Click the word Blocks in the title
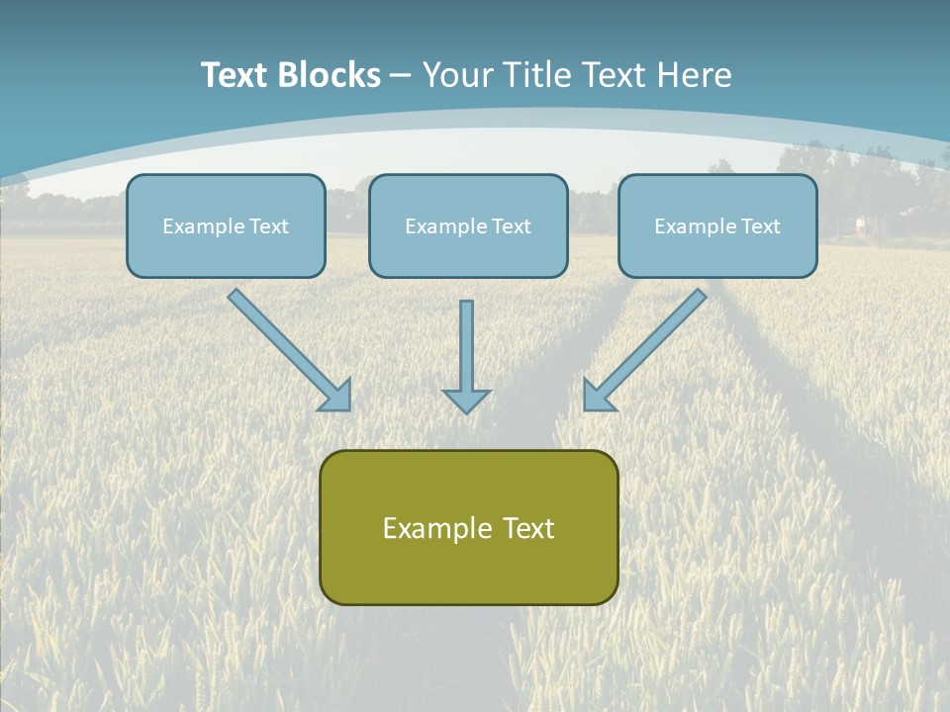click(329, 74)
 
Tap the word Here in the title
click(695, 74)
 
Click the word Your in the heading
click(459, 74)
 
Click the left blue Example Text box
click(226, 225)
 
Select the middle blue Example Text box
click(468, 225)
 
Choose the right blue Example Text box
click(718, 225)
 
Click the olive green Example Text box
click(469, 527)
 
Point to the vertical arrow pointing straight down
click(466, 357)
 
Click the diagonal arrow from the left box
click(290, 350)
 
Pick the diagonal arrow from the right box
click(644, 350)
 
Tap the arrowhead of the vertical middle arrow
click(466, 400)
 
